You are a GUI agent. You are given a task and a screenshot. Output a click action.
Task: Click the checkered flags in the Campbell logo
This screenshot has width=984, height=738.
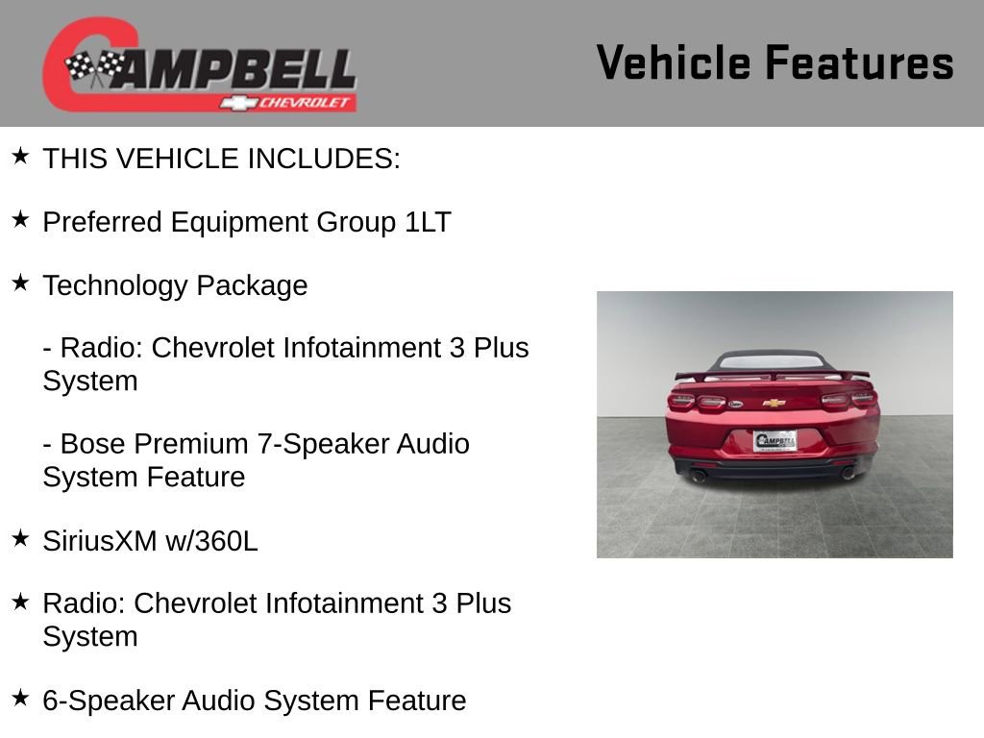tap(94, 67)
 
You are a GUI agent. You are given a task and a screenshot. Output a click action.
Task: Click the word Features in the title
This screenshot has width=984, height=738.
tap(859, 63)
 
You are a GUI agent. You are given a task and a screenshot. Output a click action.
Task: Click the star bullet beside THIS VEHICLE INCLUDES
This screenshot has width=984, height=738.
tap(21, 156)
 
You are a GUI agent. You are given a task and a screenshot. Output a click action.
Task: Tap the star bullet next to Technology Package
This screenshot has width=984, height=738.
tap(21, 283)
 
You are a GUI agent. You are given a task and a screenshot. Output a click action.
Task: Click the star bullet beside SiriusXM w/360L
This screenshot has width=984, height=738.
tap(21, 538)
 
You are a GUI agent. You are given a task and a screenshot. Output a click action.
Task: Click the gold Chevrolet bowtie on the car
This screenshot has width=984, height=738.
tap(774, 403)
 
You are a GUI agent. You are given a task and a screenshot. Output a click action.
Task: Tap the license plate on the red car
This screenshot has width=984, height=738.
tap(775, 441)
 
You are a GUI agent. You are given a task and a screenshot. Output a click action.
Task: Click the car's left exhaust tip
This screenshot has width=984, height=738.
tap(700, 475)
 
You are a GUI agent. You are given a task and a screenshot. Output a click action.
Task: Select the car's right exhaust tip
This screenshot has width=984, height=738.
tap(848, 473)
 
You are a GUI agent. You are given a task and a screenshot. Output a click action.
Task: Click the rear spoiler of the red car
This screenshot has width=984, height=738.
tap(773, 374)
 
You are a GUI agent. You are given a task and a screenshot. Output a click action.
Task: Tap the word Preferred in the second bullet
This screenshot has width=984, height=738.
tap(103, 222)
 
